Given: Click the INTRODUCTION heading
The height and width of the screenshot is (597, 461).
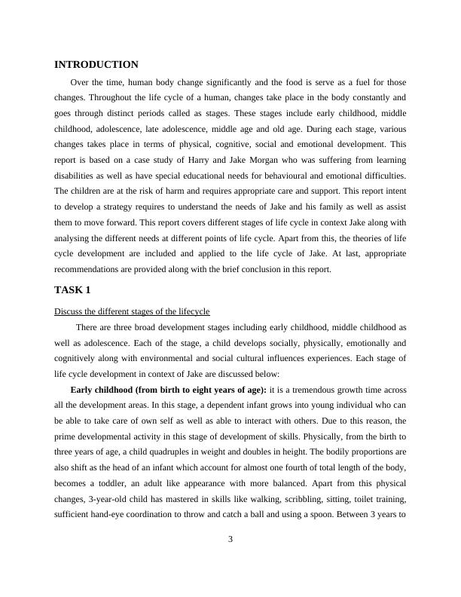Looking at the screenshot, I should pyautogui.click(x=96, y=65).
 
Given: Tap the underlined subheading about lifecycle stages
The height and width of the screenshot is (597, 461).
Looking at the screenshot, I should pyautogui.click(x=132, y=311).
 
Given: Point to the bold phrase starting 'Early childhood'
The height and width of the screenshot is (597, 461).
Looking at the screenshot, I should pyautogui.click(x=168, y=390).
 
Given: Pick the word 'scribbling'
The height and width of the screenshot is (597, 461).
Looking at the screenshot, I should pyautogui.click(x=294, y=500).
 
